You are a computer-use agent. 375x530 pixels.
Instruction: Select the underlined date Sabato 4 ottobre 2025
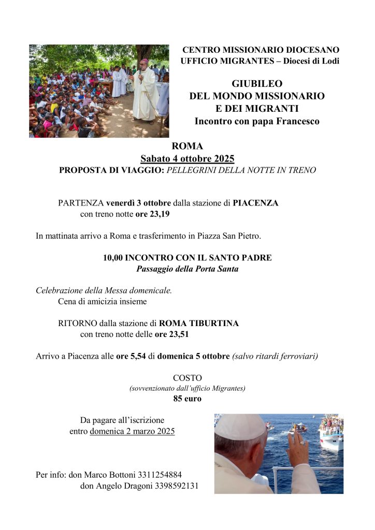(187, 158)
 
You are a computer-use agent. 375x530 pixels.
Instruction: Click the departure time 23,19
(159, 214)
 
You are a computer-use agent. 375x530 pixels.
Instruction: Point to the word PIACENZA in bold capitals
(255, 203)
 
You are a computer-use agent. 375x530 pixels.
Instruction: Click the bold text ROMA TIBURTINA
(199, 323)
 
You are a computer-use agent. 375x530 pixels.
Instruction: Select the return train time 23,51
(178, 334)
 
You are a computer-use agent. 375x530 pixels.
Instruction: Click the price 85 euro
(187, 399)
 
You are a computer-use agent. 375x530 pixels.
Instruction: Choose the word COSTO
(187, 378)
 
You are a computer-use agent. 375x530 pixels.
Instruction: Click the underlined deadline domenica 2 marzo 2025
(132, 431)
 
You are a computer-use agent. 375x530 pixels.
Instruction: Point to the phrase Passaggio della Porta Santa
(187, 269)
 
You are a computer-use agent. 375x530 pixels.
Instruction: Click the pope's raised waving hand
(298, 449)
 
